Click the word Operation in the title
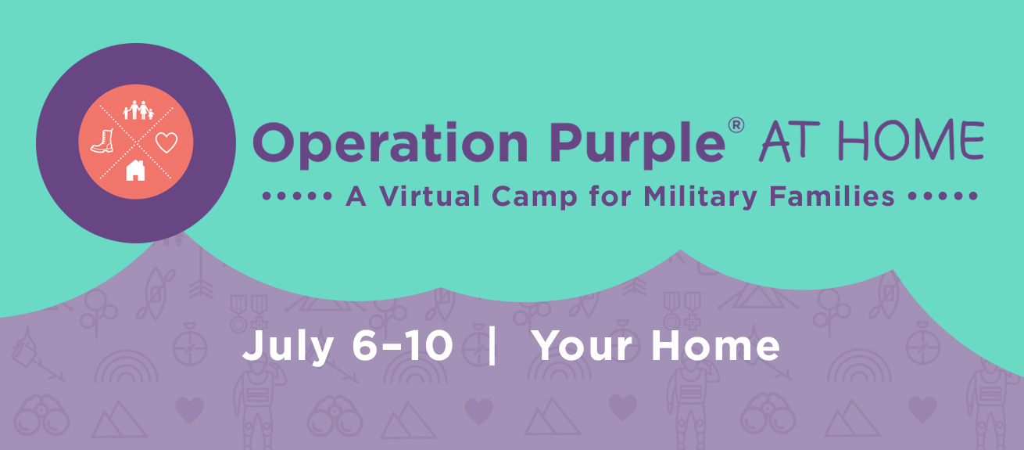click(x=390, y=144)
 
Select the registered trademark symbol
click(x=736, y=125)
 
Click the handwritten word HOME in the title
click(x=911, y=139)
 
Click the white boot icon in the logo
click(x=103, y=141)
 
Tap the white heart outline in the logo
click(x=166, y=142)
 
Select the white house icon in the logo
click(x=135, y=171)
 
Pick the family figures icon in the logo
click(x=138, y=110)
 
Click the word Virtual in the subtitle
click(x=430, y=196)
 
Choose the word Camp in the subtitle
click(x=535, y=197)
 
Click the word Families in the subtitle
click(x=832, y=196)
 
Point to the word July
click(x=288, y=347)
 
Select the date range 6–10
click(x=403, y=345)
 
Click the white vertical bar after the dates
click(x=492, y=346)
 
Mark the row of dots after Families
click(x=943, y=196)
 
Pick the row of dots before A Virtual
click(x=297, y=196)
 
